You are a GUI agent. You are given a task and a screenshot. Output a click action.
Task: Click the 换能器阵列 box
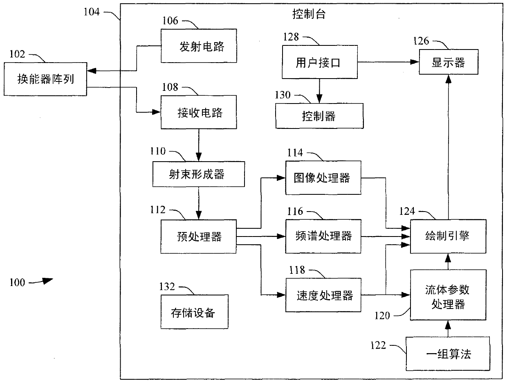coord(45,79)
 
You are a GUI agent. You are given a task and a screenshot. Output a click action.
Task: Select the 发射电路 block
coord(199,46)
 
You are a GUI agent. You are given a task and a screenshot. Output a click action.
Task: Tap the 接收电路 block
coord(199,112)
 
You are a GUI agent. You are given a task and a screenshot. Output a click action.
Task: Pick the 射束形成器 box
coord(198,174)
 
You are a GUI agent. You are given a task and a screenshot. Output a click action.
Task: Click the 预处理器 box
coord(198,237)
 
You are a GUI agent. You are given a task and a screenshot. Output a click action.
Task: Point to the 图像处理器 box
coord(323,178)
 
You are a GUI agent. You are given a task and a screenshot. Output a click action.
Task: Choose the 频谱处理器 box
coord(323,237)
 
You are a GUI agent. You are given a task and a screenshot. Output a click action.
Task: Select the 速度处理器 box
coord(323,295)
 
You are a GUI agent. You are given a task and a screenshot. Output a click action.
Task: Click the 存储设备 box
coord(195,311)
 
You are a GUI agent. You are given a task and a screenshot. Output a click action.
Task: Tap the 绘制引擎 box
coord(448,237)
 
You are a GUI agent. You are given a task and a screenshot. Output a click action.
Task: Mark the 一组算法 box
coord(448,354)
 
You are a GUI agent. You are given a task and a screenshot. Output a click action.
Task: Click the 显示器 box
coord(449,62)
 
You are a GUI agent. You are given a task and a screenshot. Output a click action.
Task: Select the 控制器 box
coord(319,116)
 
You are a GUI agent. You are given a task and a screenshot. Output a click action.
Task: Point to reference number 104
coord(92,12)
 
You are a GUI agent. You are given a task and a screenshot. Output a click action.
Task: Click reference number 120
coord(382,315)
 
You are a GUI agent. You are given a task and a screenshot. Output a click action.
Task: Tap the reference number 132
coord(167,286)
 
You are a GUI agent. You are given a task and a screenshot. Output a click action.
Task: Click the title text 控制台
coord(309,14)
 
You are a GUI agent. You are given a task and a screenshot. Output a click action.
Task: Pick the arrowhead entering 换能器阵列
coord(92,71)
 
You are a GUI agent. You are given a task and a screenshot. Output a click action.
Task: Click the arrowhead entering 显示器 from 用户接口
coord(415,62)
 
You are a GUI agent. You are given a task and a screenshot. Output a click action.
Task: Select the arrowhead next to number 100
coord(48,281)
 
